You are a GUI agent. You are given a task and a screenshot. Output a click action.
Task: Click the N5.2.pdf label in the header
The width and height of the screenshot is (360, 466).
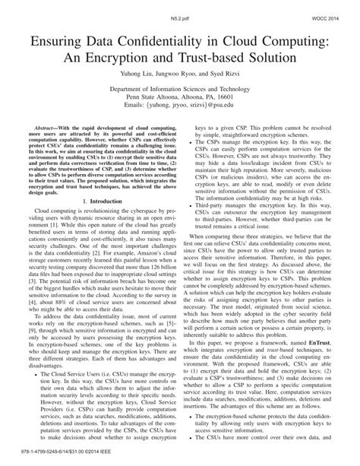(180, 9)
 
